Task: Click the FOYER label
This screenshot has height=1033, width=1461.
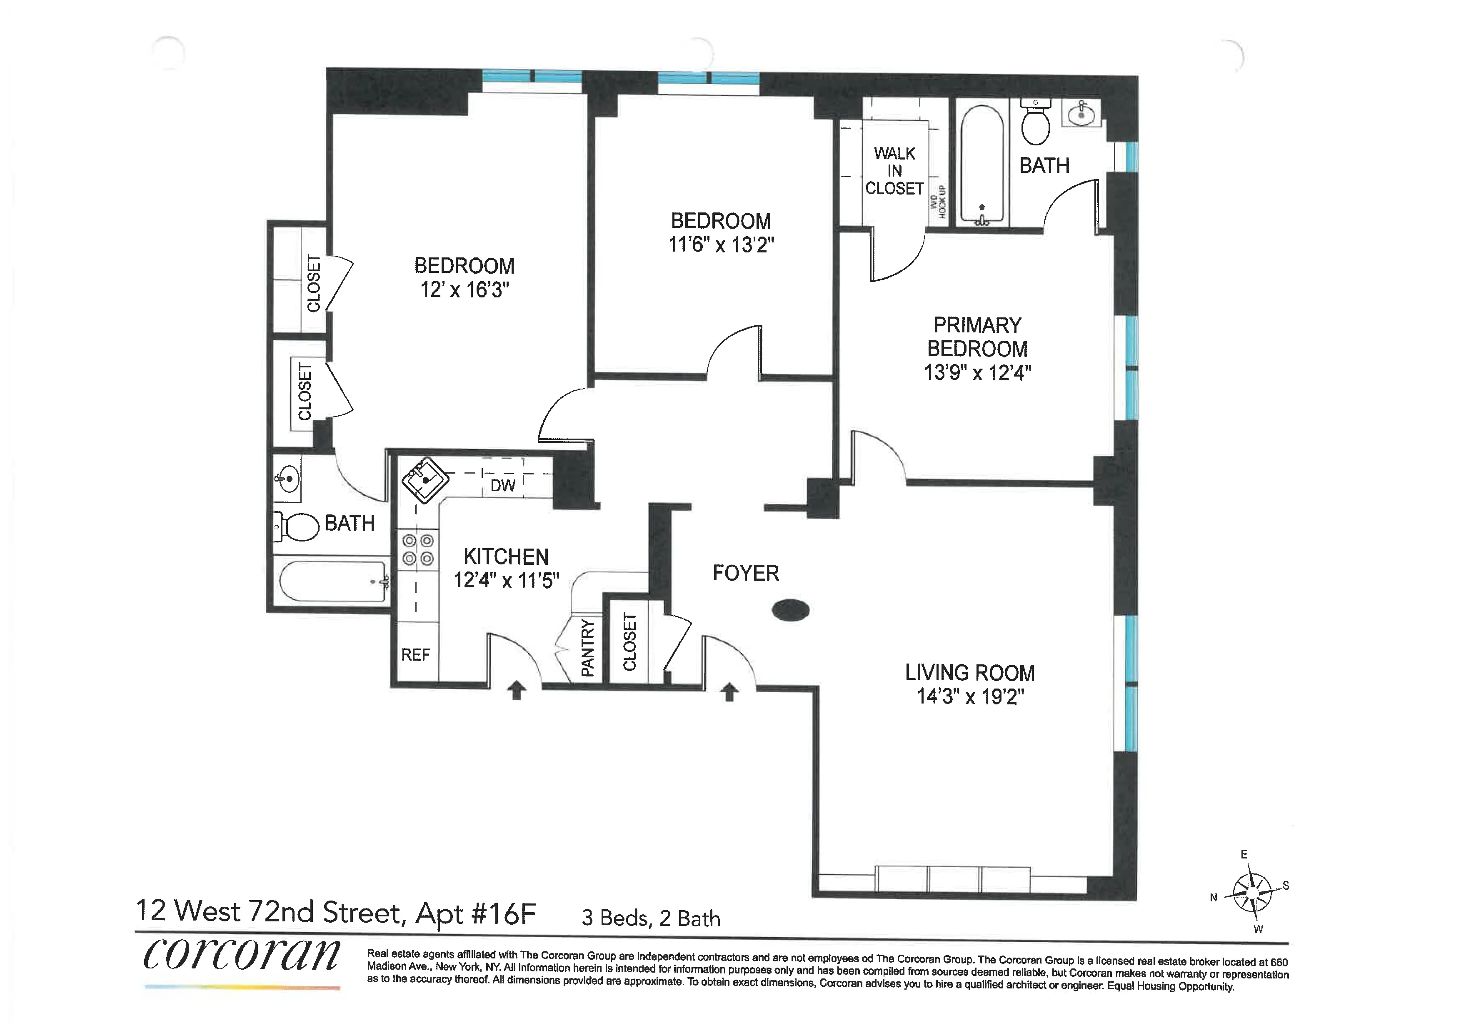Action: point(745,573)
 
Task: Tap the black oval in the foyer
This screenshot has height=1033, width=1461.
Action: point(790,611)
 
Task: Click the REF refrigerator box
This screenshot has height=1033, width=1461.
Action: point(415,654)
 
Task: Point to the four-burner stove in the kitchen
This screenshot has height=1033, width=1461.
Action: point(419,549)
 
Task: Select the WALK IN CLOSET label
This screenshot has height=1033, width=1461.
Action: point(894,170)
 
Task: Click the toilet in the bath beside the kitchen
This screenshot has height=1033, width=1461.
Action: point(297,526)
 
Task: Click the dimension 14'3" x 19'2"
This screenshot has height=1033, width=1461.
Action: point(970,696)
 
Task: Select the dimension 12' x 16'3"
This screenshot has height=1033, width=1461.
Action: point(465,290)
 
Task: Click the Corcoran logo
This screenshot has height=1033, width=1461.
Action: point(242,956)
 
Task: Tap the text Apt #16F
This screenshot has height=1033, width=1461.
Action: point(475,913)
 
